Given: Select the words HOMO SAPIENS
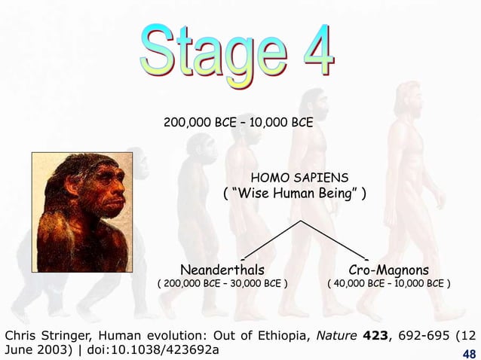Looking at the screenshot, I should click(x=304, y=178).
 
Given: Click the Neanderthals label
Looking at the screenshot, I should click(x=222, y=269).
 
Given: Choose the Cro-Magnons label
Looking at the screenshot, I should click(x=388, y=269).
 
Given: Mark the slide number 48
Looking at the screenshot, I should click(x=468, y=353).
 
